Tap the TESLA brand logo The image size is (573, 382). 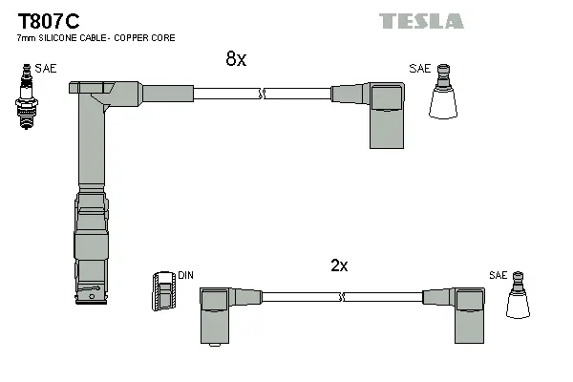(421, 21)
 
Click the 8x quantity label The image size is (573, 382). (235, 59)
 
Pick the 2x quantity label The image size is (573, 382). (339, 266)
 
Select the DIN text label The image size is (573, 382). (185, 276)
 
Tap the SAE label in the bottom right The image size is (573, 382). (497, 275)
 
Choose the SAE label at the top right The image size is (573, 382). (419, 68)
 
